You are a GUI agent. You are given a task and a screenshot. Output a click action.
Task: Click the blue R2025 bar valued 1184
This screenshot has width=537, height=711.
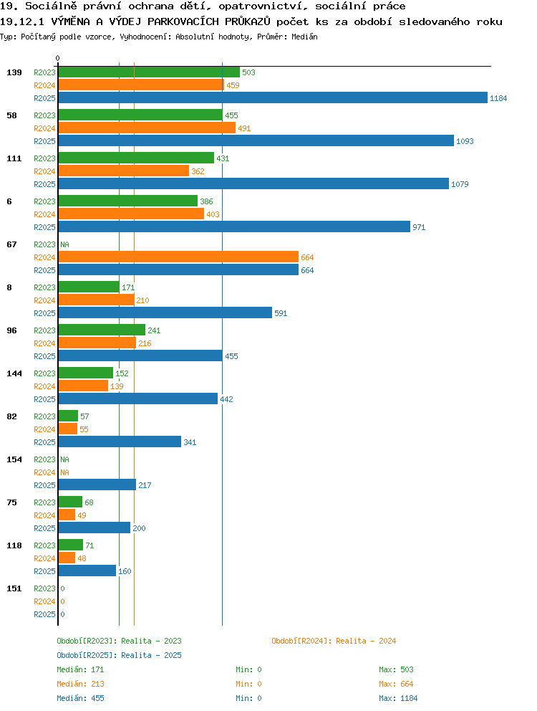[273, 98]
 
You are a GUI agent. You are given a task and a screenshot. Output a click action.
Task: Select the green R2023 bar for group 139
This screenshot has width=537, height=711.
[149, 72]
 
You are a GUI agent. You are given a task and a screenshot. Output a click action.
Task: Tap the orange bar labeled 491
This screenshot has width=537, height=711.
[147, 128]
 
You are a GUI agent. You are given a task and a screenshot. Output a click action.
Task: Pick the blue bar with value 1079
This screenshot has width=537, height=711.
[253, 183]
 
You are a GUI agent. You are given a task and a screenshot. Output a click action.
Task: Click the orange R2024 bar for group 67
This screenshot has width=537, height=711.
[178, 257]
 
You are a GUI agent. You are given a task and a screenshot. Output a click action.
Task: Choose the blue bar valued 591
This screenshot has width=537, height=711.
[165, 313]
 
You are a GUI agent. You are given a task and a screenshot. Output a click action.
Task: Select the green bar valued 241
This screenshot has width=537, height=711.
[102, 330]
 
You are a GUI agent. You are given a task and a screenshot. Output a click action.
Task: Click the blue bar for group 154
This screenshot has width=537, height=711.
[97, 485]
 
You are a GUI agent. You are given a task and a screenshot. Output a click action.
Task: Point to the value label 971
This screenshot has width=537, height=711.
[419, 227]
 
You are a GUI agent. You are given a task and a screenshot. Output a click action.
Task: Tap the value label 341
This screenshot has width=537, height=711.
[190, 442]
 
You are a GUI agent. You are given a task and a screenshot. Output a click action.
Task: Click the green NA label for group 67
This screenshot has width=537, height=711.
[65, 244]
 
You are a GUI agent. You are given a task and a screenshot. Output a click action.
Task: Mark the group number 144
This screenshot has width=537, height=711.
[14, 373]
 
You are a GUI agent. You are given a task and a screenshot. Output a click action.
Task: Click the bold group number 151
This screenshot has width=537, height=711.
[14, 588]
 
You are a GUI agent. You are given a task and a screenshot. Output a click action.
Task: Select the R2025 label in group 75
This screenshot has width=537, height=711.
[44, 528]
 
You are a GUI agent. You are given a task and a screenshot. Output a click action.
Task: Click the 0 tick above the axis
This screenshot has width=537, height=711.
[57, 59]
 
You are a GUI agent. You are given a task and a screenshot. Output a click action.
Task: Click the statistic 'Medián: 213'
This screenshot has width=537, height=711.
[80, 684]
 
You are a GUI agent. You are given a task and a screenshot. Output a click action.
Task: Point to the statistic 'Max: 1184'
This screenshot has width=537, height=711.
[398, 698]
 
